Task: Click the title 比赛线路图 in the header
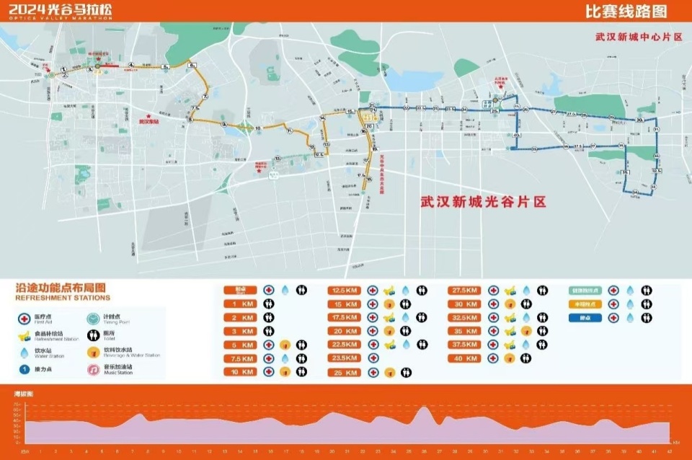(x=626, y=12)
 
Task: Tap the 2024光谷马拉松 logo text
(x=61, y=9)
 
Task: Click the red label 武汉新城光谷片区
(x=483, y=203)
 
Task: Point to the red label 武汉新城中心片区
(x=638, y=36)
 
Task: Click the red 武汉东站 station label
(x=148, y=122)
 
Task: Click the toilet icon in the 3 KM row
(x=268, y=331)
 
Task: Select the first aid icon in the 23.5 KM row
(x=373, y=358)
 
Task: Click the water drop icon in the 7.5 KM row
(x=285, y=358)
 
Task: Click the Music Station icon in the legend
(x=92, y=369)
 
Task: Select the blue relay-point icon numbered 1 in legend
(x=24, y=369)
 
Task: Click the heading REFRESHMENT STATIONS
(x=63, y=298)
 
